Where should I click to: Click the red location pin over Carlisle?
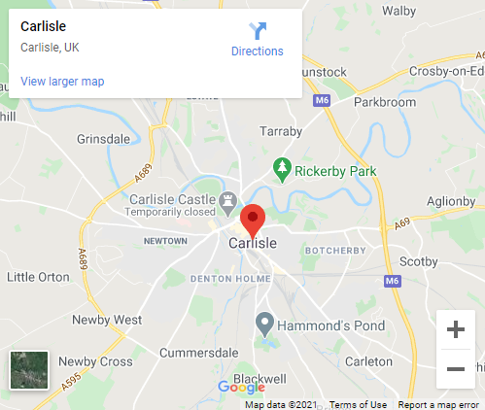click(253, 219)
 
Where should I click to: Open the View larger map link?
click(62, 82)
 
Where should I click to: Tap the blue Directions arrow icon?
click(258, 30)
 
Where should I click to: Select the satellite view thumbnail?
click(28, 370)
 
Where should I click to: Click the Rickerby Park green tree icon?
click(283, 168)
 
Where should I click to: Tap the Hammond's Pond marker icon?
click(264, 323)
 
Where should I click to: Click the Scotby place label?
click(447, 261)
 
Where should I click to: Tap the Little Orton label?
click(38, 277)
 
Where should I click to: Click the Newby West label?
click(114, 320)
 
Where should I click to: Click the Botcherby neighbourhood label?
click(334, 251)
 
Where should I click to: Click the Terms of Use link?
click(358, 404)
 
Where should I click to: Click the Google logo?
click(241, 388)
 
